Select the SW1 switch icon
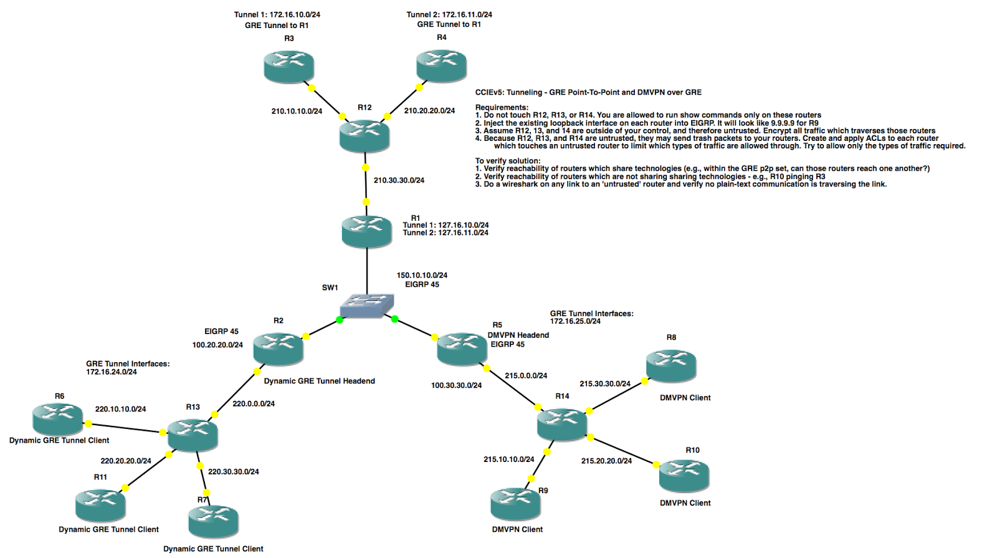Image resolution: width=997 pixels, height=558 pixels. (367, 305)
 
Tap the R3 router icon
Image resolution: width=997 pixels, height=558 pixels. (289, 67)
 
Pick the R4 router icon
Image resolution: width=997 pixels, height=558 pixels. (441, 66)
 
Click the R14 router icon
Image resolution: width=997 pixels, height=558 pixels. (562, 423)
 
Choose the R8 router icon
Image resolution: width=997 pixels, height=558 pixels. (671, 365)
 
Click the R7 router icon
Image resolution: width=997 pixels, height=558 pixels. (213, 521)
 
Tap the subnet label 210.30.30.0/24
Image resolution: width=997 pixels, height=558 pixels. (399, 180)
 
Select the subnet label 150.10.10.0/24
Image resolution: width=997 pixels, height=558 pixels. (422, 275)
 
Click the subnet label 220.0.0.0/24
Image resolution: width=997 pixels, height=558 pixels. (254, 403)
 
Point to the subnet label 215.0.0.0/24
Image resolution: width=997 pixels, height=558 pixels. (526, 375)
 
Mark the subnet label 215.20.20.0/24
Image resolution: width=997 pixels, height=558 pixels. (606, 461)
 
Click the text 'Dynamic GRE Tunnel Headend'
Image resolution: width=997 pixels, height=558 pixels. (319, 381)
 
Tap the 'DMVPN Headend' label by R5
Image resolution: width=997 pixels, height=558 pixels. (518, 335)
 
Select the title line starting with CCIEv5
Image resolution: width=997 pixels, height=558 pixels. (588, 92)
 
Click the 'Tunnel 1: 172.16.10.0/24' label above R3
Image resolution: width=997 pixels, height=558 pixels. (277, 14)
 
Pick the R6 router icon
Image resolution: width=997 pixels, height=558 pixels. (58, 418)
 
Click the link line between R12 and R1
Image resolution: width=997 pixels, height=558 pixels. (366, 185)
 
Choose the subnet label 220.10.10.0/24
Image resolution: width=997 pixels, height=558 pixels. (120, 409)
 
